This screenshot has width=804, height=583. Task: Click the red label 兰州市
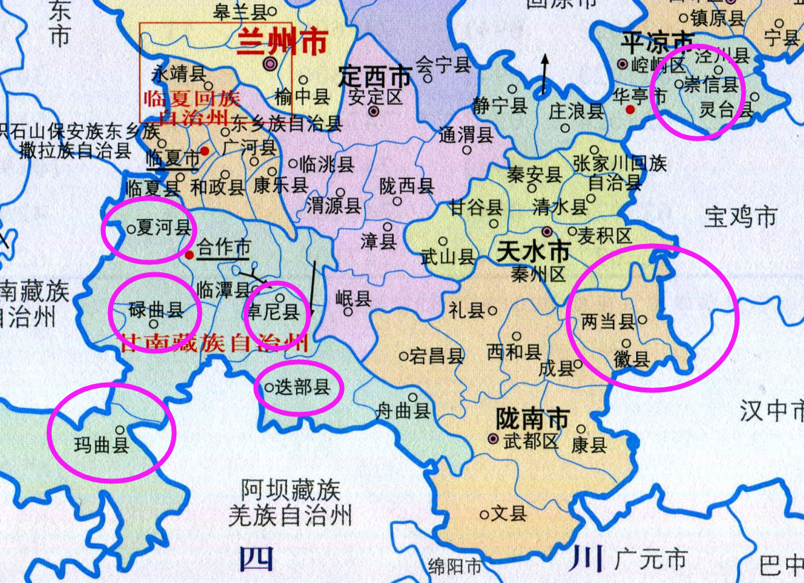coord(282,43)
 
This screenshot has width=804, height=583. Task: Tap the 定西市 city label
coord(375,75)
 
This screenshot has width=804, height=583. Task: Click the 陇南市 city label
coord(532,419)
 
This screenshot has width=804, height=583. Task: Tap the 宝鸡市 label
coord(741,216)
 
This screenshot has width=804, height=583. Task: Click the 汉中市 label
coord(771,411)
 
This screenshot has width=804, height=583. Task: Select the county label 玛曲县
coord(102,446)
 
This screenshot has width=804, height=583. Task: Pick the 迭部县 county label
coord(303,387)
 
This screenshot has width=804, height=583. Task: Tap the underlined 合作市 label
coord(224,247)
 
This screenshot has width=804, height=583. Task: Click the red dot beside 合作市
coord(189,254)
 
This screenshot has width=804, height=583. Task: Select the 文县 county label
coord(510,513)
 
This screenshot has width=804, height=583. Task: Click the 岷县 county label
coord(353,299)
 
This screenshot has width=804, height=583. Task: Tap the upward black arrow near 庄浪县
coord(545,74)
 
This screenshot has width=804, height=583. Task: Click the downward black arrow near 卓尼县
coord(313,287)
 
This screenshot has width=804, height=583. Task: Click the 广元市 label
coord(652,559)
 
